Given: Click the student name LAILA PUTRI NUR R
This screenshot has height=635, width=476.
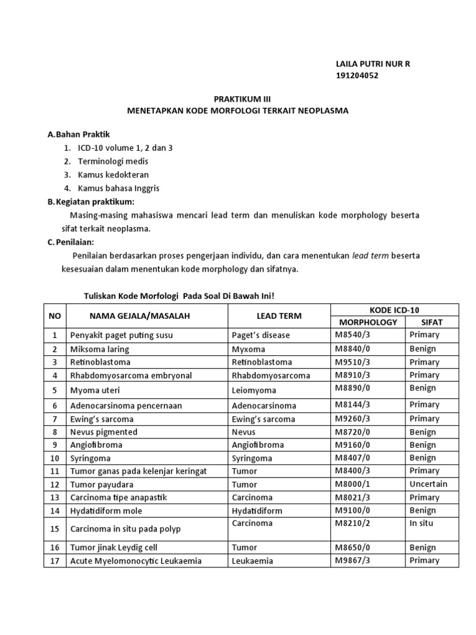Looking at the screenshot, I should click(372, 64).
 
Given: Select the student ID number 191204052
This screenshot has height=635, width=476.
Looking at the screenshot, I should click(356, 76).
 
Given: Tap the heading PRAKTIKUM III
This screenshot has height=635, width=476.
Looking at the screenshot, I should click(238, 99).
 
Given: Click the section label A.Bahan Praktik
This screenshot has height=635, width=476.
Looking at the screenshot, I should click(79, 135).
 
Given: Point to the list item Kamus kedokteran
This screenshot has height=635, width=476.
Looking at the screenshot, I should click(113, 175).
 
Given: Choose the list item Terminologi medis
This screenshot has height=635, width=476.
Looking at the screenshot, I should click(113, 161).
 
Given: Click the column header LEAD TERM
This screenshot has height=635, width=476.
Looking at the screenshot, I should click(278, 316).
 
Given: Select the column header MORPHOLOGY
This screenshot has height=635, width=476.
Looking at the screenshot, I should click(368, 322).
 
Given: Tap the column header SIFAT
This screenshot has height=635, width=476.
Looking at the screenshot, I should click(432, 322).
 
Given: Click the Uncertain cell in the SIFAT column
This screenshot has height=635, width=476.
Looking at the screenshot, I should click(428, 484).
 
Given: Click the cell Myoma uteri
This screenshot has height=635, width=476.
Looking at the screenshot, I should click(95, 390).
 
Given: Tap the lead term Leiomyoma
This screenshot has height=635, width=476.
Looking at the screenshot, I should click(254, 390).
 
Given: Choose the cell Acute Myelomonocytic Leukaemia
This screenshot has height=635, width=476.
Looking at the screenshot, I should click(136, 561).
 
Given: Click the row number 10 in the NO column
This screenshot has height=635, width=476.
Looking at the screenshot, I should click(55, 458).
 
